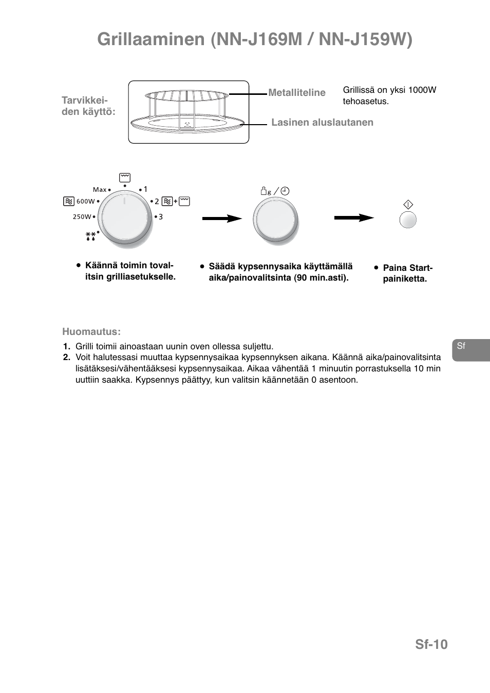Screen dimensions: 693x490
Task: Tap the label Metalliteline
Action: [297, 93]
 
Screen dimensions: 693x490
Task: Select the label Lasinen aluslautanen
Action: [322, 123]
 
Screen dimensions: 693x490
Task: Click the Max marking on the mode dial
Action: [100, 190]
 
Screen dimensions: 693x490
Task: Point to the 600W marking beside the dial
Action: [85, 202]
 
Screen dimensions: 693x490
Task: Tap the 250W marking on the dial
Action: [82, 217]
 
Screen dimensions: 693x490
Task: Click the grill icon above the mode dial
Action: [125, 178]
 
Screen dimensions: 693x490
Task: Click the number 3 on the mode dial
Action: [161, 217]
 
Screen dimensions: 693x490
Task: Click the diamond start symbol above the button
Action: [408, 205]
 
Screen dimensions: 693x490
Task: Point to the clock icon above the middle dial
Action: [285, 191]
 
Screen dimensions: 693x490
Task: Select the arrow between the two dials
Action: [222, 219]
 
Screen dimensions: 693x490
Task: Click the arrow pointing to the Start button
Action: [354, 218]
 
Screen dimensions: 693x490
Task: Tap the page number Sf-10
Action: [431, 644]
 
